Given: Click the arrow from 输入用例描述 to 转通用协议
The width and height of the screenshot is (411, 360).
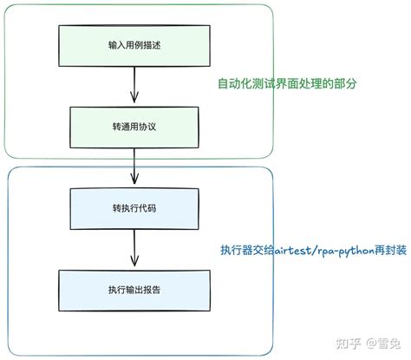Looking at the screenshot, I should [133, 85].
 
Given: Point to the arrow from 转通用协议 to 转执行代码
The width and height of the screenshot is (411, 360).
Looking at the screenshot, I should [133, 167].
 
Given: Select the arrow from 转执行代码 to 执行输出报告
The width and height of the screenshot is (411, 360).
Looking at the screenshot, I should [133, 247].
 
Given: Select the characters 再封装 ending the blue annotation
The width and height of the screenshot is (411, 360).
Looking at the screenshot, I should [385, 252].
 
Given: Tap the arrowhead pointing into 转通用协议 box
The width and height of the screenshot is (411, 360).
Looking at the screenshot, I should [133, 100].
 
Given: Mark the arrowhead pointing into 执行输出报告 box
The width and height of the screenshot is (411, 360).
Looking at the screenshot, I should [133, 265].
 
